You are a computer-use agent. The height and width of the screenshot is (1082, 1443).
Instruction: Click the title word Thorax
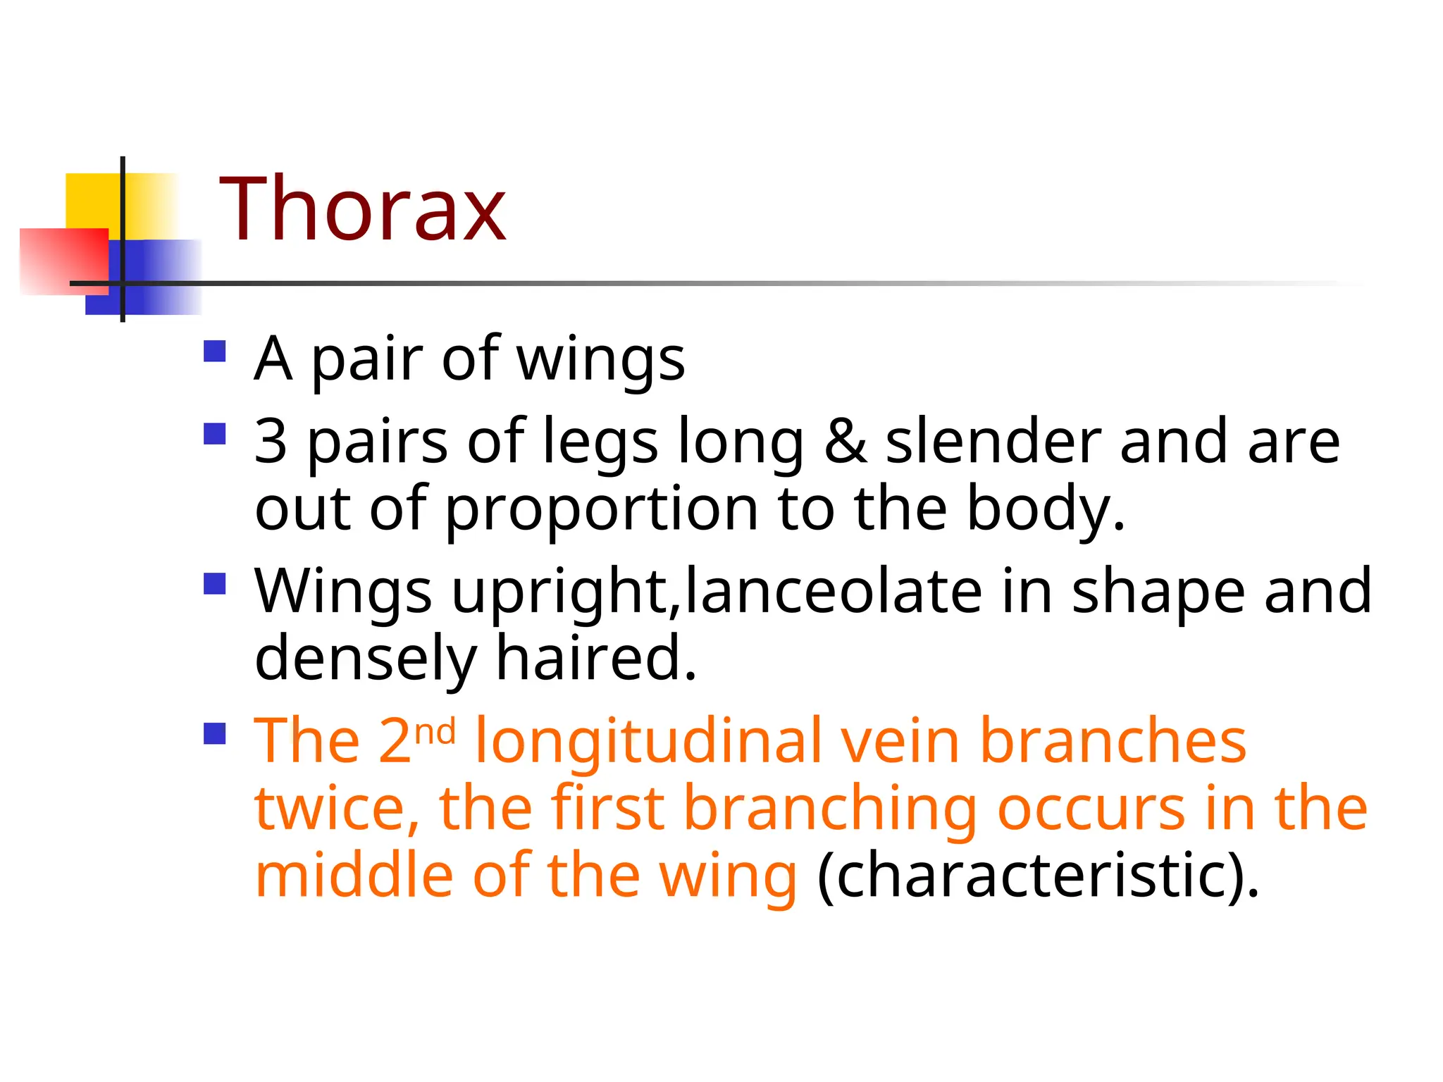click(362, 209)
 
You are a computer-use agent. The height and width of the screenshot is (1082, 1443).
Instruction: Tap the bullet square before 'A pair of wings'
click(214, 351)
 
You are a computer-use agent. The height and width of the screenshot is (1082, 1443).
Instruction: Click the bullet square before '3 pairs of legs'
click(214, 433)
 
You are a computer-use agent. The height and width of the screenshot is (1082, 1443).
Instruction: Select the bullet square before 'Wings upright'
click(214, 583)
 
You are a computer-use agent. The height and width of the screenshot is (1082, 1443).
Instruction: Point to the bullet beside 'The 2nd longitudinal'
click(214, 733)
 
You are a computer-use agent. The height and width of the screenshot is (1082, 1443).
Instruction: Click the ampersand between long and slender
click(845, 442)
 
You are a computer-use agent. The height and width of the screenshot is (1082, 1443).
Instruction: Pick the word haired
click(596, 658)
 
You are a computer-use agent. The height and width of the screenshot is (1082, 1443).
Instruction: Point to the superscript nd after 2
click(435, 733)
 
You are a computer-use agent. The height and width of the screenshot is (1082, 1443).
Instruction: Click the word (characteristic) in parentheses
click(1037, 876)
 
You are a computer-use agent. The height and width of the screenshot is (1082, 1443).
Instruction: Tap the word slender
click(993, 442)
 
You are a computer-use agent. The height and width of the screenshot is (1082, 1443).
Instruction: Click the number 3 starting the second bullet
click(271, 442)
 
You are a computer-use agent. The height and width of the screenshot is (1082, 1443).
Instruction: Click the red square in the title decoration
click(65, 261)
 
